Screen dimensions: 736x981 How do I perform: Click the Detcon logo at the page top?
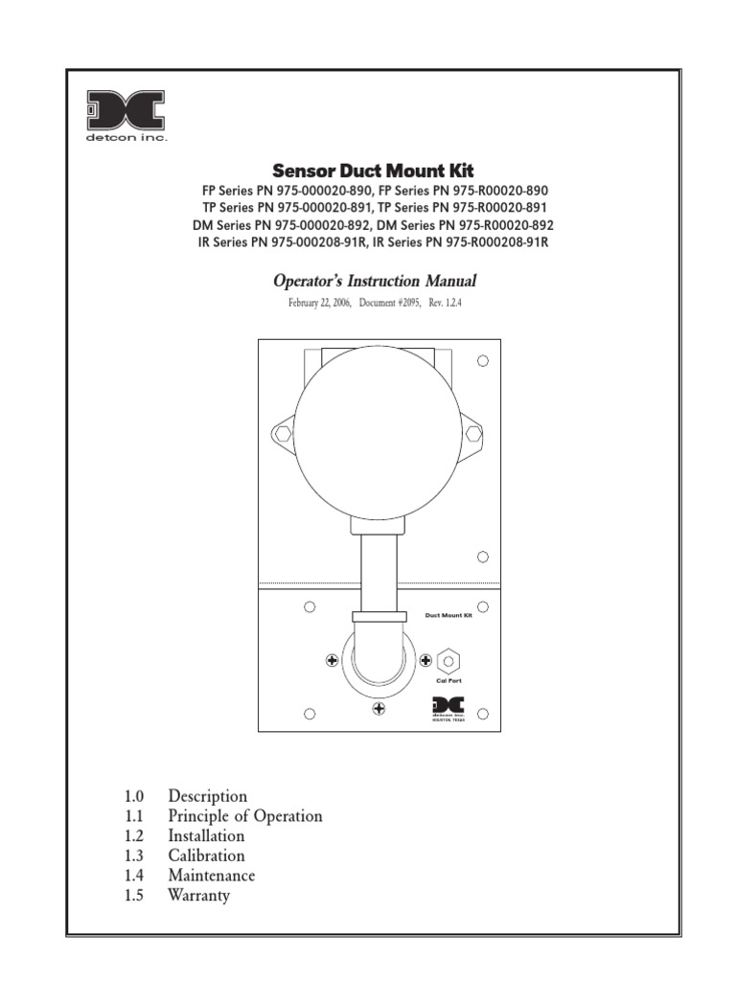pos(126,116)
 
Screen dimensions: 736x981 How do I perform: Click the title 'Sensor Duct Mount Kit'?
pos(373,171)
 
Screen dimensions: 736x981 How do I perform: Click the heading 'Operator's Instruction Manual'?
pos(375,282)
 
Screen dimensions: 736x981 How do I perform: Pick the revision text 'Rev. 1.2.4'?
pos(453,304)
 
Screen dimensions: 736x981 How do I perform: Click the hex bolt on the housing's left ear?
pos(282,434)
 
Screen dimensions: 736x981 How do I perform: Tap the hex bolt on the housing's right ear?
pos(473,434)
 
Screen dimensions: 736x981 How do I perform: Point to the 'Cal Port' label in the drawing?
pos(449,680)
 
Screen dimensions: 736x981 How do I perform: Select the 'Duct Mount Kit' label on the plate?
pos(449,616)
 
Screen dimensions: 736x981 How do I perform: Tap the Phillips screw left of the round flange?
pos(332,660)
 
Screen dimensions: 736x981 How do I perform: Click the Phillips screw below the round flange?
pos(379,708)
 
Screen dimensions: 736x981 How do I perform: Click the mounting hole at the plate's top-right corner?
pos(483,361)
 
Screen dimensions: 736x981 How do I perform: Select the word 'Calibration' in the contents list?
pos(206,856)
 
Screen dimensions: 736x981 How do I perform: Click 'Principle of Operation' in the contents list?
pos(245,816)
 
